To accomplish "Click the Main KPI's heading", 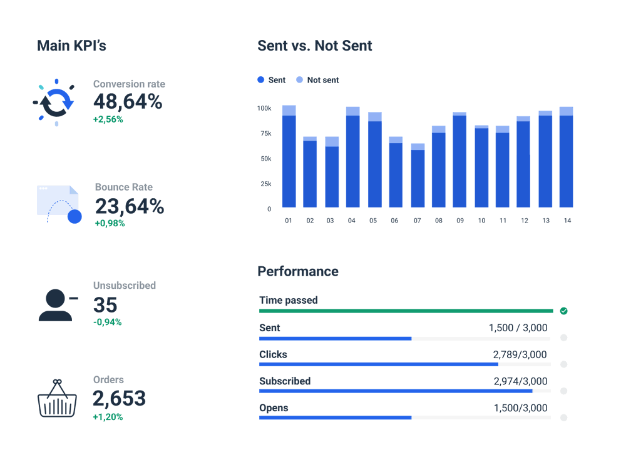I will coord(71,46).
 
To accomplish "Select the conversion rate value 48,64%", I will coord(128,101).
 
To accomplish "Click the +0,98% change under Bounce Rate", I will coord(110,223).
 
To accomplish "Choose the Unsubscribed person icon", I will coord(56,305).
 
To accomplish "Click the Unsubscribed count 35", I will coord(105,304).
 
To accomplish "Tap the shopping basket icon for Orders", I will coord(57,398).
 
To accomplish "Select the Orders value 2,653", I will coord(119,398).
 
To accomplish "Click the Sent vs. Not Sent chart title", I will coord(314,46).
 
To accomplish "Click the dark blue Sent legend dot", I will coord(261,80).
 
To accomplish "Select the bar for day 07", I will coord(418,178).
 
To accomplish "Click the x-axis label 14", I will coord(567,221).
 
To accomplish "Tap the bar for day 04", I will coord(352,159).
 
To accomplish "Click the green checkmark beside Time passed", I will coord(563,311).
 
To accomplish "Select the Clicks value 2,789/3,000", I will coord(520,354).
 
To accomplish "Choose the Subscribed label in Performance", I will coord(285,381).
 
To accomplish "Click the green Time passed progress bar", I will coord(406,311).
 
